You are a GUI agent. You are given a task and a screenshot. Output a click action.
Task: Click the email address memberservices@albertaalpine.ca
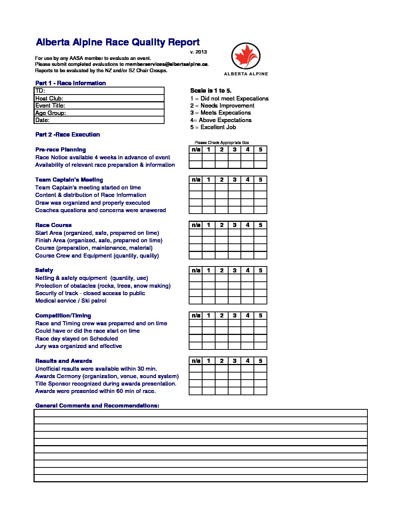click(166, 64)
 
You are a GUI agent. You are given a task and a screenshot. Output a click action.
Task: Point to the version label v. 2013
click(198, 52)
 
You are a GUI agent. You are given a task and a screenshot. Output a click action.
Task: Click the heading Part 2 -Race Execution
click(67, 134)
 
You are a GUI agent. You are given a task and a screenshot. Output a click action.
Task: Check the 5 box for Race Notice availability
click(261, 157)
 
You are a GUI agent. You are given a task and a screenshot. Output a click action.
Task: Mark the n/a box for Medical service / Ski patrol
click(196, 301)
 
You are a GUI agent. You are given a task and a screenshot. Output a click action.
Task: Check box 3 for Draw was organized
click(235, 203)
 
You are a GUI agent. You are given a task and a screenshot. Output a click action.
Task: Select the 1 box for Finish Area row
click(209, 240)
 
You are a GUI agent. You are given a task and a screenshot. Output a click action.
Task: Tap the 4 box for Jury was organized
click(248, 346)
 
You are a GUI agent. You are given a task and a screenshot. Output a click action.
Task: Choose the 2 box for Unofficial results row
click(222, 369)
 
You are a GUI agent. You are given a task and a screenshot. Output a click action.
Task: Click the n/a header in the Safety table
click(196, 270)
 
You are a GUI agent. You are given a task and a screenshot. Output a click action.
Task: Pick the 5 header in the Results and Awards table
click(261, 361)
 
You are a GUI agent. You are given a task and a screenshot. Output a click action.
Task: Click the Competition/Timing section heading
click(63, 316)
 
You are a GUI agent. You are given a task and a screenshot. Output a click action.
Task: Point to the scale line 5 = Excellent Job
click(213, 127)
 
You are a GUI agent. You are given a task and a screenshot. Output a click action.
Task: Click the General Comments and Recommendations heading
click(97, 406)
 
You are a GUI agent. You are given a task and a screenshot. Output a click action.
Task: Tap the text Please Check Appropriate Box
click(222, 143)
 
